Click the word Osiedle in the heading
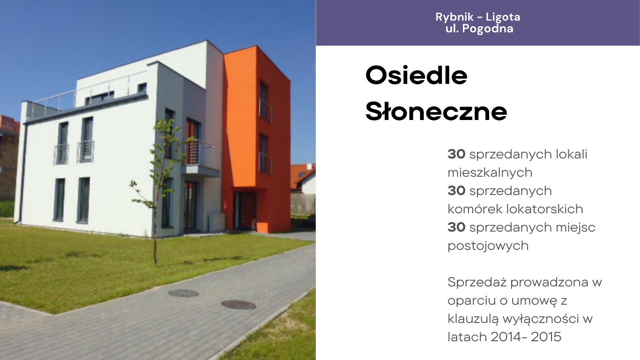[x=417, y=75]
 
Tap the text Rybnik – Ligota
[x=478, y=17]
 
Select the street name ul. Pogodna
[x=479, y=29]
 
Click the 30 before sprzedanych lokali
[x=456, y=154]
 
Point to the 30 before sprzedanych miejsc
[x=456, y=227]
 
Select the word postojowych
[x=488, y=246]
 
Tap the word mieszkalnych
[x=490, y=172]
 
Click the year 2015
[x=546, y=337]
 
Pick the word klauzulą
[x=473, y=319]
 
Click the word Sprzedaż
[x=477, y=283]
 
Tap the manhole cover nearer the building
[x=183, y=293]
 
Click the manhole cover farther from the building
[x=238, y=305]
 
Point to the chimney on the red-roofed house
[x=309, y=166]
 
